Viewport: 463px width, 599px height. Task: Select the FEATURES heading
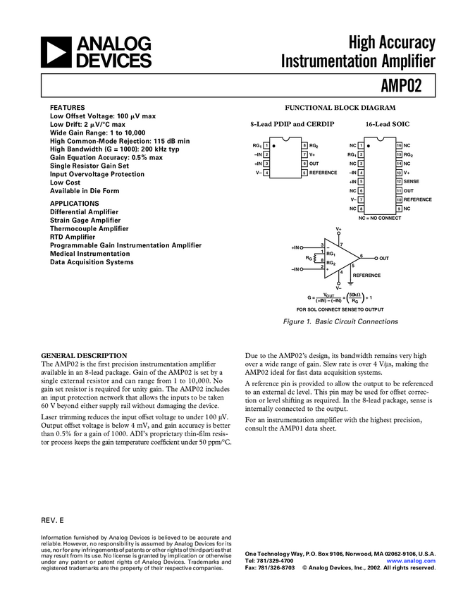(x=67, y=107)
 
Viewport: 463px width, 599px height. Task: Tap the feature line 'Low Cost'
(x=66, y=183)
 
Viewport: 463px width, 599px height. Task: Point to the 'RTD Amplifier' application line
(x=73, y=237)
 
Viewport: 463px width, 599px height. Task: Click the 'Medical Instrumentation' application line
(x=89, y=254)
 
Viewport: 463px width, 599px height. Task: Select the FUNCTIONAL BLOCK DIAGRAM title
(x=340, y=108)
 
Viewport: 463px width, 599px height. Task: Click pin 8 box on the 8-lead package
(x=304, y=144)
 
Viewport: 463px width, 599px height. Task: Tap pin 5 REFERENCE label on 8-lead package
(x=323, y=173)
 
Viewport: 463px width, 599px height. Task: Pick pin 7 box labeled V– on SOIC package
(x=361, y=199)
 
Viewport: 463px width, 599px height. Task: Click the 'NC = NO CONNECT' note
(x=379, y=218)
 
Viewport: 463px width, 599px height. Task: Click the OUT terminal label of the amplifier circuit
(x=384, y=259)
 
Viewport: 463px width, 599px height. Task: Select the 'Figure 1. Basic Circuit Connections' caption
(x=341, y=321)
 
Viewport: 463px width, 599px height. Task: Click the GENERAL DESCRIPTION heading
(x=85, y=355)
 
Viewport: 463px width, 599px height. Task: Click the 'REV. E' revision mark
(x=53, y=519)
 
